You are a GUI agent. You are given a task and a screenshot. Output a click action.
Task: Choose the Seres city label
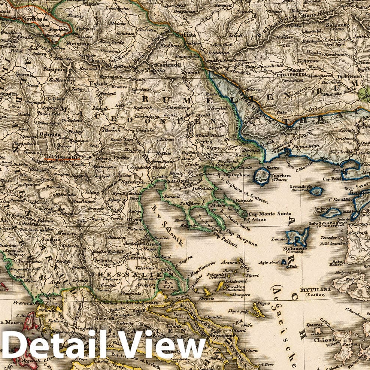(x=203, y=142)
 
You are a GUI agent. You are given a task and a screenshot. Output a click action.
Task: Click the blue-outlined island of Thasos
(x=262, y=175)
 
